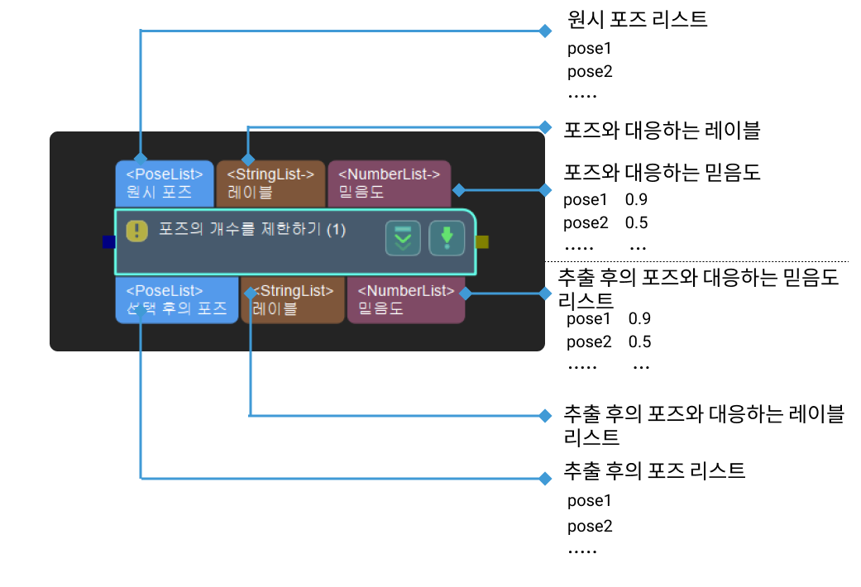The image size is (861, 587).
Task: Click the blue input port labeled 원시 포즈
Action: click(x=164, y=183)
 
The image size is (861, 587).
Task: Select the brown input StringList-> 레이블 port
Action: click(x=270, y=183)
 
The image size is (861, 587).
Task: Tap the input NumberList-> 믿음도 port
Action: click(x=389, y=183)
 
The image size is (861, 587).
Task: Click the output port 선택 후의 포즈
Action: click(x=176, y=299)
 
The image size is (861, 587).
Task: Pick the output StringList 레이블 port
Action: click(x=292, y=299)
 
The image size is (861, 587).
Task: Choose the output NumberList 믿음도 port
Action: click(x=405, y=299)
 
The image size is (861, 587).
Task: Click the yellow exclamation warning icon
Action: click(x=136, y=231)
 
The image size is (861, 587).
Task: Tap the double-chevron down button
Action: click(x=403, y=238)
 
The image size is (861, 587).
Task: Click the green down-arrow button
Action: click(x=447, y=238)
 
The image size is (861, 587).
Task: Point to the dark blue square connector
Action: click(x=108, y=242)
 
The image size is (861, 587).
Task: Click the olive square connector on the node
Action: click(x=483, y=242)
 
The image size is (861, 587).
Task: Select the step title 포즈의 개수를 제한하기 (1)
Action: click(x=252, y=230)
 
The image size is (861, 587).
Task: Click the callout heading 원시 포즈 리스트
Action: click(x=637, y=20)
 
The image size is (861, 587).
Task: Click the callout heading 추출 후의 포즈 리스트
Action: click(x=653, y=471)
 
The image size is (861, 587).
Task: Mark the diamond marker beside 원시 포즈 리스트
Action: click(x=544, y=31)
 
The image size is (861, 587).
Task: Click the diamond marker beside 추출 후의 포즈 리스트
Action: click(x=544, y=478)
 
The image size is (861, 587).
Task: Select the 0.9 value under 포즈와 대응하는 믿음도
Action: click(x=636, y=200)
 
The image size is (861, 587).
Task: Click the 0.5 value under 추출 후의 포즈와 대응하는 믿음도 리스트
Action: click(x=639, y=342)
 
